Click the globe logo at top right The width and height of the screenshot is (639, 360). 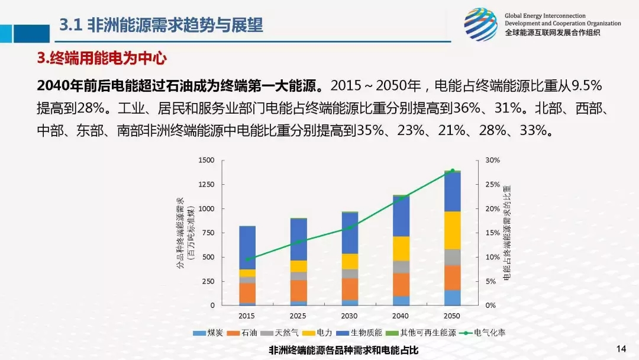pyautogui.click(x=480, y=24)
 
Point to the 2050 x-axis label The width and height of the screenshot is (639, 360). pyautogui.click(x=453, y=316)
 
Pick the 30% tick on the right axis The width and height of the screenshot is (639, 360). pyautogui.click(x=493, y=160)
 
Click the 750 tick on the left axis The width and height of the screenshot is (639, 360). pyautogui.click(x=208, y=233)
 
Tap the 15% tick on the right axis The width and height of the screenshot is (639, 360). pyautogui.click(x=493, y=233)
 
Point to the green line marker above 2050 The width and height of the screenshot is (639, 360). pyautogui.click(x=453, y=171)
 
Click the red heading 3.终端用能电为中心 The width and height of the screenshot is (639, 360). pyautogui.click(x=102, y=58)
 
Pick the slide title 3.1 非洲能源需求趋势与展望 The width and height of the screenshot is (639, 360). pyautogui.click(x=161, y=25)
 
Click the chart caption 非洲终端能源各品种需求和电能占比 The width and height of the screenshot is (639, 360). pyautogui.click(x=343, y=350)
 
